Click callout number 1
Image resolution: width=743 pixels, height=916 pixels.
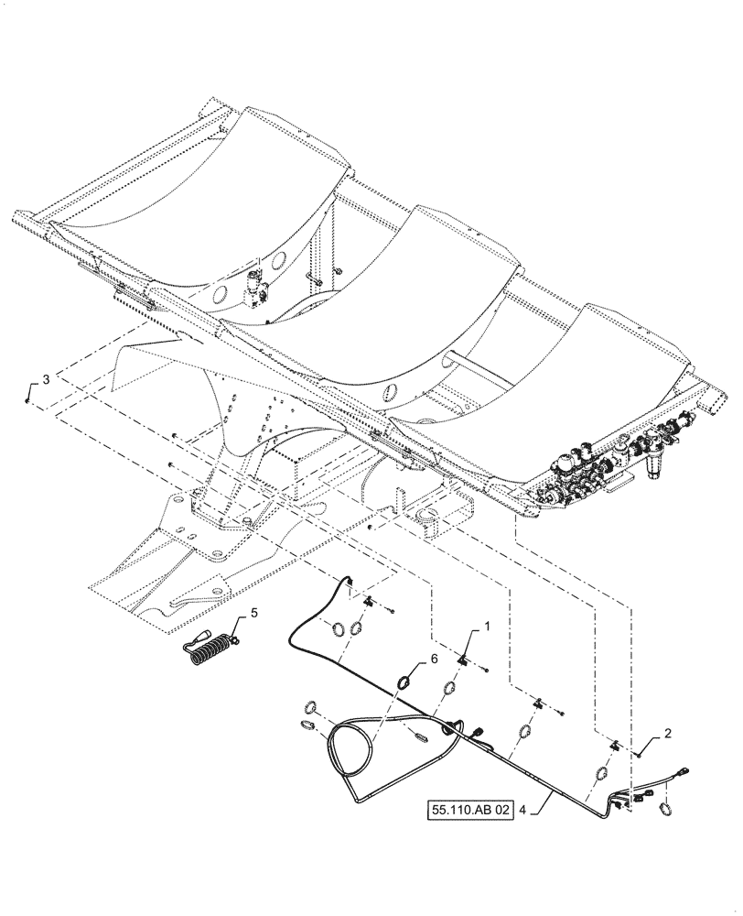tap(486, 627)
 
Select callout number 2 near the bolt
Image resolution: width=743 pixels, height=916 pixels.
tap(669, 734)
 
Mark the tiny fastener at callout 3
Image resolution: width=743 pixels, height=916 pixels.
tap(28, 399)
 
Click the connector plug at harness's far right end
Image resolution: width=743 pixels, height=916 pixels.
tap(684, 775)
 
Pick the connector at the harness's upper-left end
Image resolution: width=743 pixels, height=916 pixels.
tap(349, 583)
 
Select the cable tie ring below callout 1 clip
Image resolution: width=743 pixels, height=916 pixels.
tap(450, 690)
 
